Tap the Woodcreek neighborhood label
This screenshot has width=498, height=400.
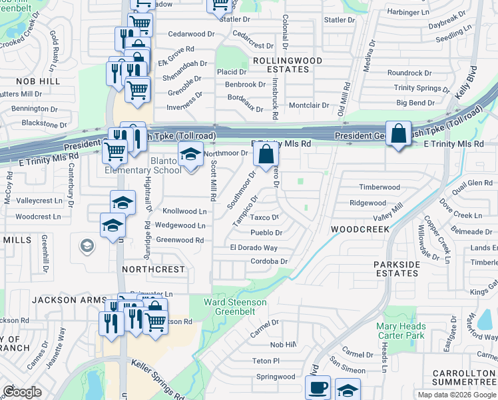pyautogui.click(x=360, y=229)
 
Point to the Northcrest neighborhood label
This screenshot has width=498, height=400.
pyautogui.click(x=153, y=269)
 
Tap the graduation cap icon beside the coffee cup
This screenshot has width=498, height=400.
pyautogui.click(x=348, y=389)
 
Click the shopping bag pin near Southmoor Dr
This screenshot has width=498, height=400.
pyautogui.click(x=266, y=155)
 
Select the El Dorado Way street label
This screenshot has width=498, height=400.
pyautogui.click(x=253, y=247)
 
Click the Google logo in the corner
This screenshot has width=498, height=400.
pyautogui.click(x=22, y=391)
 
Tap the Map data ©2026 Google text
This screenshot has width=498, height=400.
pyautogui.click(x=456, y=395)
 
